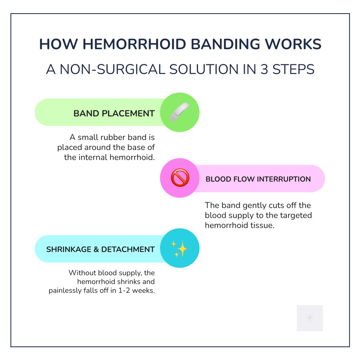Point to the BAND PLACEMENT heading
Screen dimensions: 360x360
coord(114,114)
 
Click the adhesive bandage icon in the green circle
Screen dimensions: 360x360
coord(180,112)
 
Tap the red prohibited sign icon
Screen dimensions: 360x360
coord(180,178)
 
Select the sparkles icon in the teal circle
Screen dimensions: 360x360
coord(180,248)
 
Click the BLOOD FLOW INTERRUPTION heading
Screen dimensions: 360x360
coord(258,179)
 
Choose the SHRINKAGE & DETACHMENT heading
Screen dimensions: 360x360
coord(100,250)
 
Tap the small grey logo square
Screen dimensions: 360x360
coord(310,318)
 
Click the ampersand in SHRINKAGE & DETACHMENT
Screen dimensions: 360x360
coord(96,250)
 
